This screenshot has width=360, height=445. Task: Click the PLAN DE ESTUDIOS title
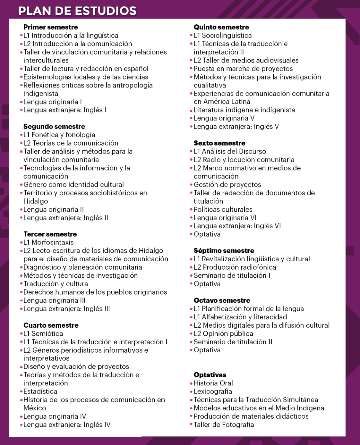pos(77,11)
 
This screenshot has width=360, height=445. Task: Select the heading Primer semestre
pos(51,27)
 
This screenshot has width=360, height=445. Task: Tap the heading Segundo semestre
pos(54,127)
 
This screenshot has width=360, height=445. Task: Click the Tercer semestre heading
pos(50,234)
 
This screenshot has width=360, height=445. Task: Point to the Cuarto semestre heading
pos(51,325)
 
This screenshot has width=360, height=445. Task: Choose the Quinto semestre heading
pos(221,27)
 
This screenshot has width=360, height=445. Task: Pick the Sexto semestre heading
pos(219,143)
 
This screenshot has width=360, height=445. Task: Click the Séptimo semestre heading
pos(224,251)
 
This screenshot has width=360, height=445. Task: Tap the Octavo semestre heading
pos(222,300)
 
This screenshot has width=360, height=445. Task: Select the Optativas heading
pos(210,375)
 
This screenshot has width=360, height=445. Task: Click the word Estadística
pos(40,391)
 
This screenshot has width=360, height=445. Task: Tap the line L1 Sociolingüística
pos(223,36)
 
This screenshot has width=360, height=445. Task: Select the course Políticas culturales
pos(223,209)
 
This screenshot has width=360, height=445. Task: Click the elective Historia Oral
pos(213,383)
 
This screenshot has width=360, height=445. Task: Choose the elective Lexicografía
pos(213,391)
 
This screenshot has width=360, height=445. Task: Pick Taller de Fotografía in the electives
pos(224,424)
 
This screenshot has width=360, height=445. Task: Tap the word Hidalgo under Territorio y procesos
pos(36,201)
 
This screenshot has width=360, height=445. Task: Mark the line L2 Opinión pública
pos(223,333)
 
